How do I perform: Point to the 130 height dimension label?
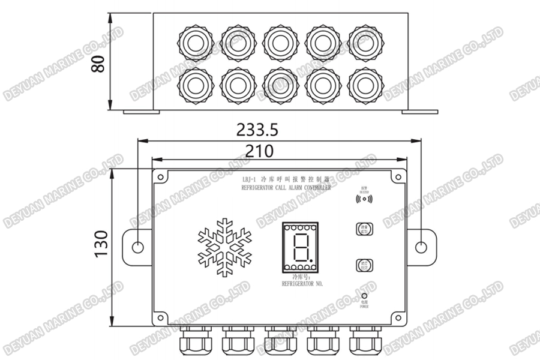click(x=100, y=244)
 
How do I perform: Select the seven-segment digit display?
click(x=299, y=247)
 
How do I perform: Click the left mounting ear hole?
click(x=137, y=247)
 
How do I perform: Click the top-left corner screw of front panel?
click(x=161, y=176)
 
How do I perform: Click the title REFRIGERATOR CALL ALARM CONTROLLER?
click(x=286, y=188)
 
